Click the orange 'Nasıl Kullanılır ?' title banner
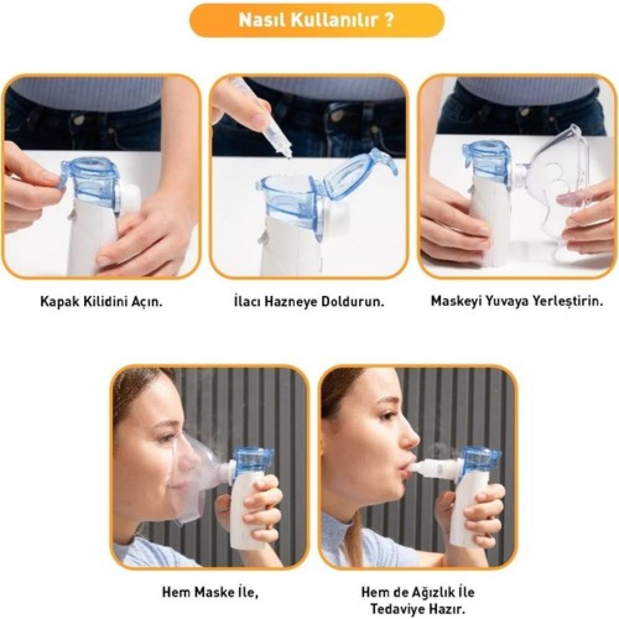click(317, 20)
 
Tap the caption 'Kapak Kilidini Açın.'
click(102, 302)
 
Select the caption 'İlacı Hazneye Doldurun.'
click(309, 302)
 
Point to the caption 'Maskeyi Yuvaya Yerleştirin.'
click(517, 301)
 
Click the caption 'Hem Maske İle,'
click(210, 592)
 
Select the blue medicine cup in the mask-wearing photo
click(252, 463)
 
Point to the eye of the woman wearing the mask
click(168, 438)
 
